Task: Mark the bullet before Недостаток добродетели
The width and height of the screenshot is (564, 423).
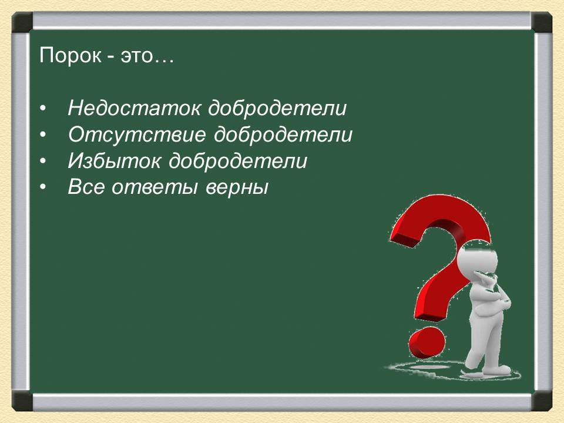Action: point(43,109)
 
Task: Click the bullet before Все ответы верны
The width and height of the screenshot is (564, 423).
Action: point(43,188)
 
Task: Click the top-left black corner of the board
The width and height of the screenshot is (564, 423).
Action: point(22,23)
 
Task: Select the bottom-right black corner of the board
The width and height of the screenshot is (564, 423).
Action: point(542,401)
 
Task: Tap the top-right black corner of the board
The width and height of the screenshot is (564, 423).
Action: point(542,23)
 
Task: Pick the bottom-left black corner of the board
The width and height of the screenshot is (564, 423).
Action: point(22,401)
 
